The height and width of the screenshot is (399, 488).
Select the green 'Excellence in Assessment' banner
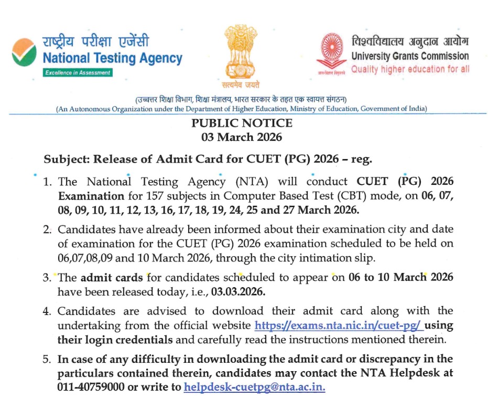[x=78, y=72]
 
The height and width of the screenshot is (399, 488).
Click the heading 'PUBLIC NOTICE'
[x=242, y=124]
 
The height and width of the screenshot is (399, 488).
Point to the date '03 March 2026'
[x=242, y=138]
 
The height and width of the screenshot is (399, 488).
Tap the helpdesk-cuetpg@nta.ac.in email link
[x=255, y=387]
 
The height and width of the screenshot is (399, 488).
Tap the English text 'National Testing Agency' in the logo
[x=113, y=58]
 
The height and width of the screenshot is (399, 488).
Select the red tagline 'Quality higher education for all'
[x=410, y=69]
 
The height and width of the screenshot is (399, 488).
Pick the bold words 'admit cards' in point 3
[x=112, y=277]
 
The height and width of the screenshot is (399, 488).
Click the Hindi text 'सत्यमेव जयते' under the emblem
[x=241, y=85]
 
